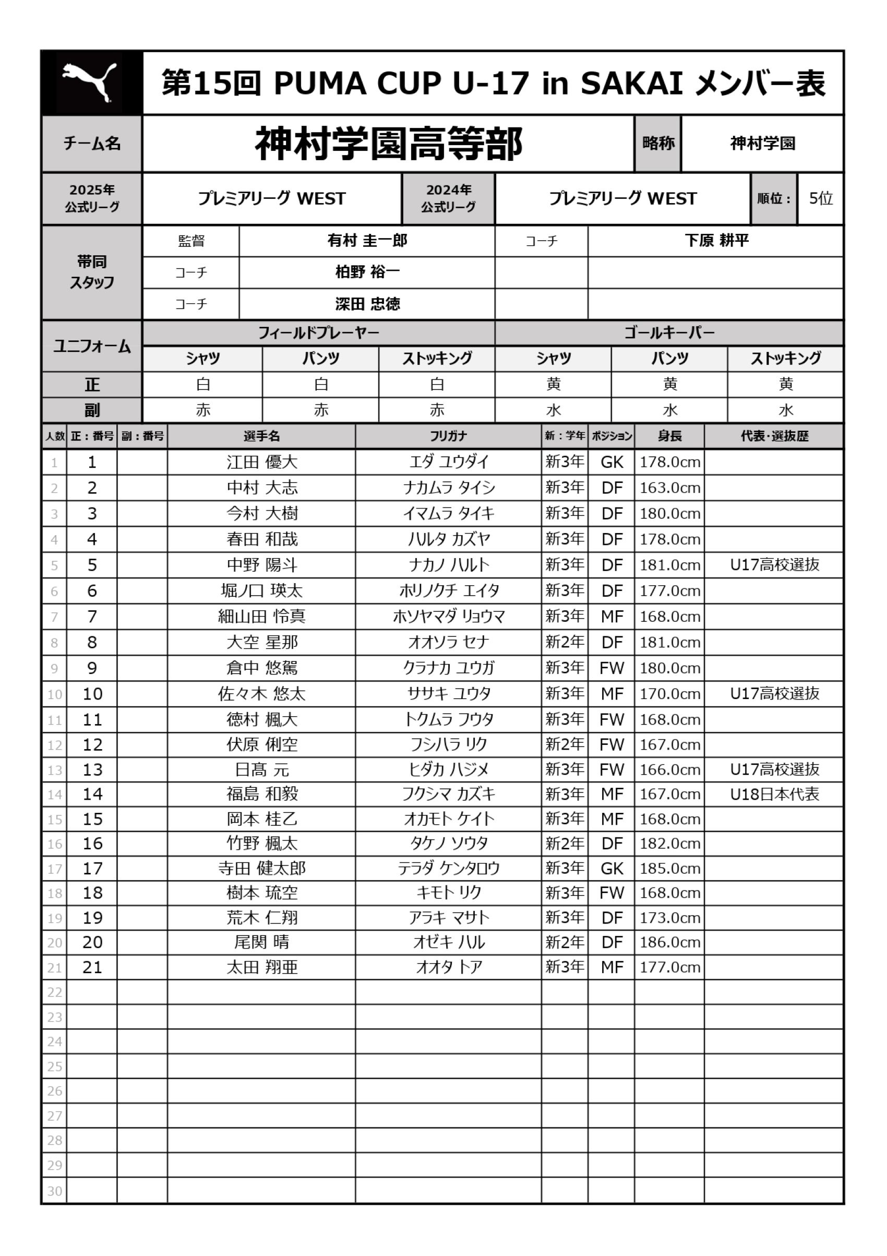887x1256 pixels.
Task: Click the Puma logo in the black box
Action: (x=90, y=82)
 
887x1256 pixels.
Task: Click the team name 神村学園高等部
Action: (x=388, y=144)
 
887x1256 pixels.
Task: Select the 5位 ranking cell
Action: (x=820, y=198)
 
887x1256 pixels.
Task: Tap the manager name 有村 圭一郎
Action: (x=367, y=241)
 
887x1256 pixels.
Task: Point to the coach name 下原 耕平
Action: (x=716, y=241)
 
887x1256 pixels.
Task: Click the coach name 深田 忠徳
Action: (x=367, y=304)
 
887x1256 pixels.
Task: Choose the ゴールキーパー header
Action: (x=669, y=333)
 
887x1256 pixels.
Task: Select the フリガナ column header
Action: (x=448, y=436)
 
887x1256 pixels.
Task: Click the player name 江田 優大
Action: (x=262, y=462)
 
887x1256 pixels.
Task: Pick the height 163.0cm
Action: (x=670, y=488)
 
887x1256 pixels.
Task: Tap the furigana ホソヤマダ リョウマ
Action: (x=448, y=617)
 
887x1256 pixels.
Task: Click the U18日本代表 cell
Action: (x=774, y=795)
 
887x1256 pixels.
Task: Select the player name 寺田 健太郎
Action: (x=262, y=868)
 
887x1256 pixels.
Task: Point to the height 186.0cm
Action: (x=670, y=942)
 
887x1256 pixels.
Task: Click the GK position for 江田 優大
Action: (x=612, y=462)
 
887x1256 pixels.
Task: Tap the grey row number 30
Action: (x=54, y=1191)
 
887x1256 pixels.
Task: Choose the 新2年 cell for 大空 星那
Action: (x=565, y=642)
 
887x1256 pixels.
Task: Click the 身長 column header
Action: (x=669, y=436)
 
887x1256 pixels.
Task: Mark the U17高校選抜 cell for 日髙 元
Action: (x=774, y=769)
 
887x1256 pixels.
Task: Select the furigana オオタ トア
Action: (x=448, y=967)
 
